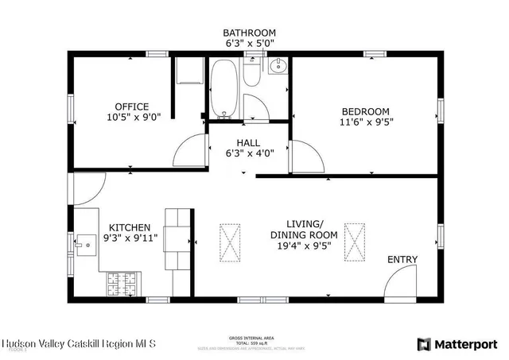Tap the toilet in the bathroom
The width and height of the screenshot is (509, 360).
point(252,75)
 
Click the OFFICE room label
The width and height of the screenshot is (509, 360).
point(132,107)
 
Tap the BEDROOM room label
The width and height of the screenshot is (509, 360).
point(365,111)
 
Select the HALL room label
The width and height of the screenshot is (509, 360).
point(247,143)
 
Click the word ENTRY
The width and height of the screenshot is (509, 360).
point(402,260)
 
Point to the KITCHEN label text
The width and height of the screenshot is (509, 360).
point(130,227)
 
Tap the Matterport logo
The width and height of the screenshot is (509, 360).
point(457,343)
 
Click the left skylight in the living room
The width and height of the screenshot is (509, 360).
point(229,242)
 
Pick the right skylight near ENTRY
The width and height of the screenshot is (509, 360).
point(353,242)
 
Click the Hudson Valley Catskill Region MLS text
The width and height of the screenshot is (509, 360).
point(79,343)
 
